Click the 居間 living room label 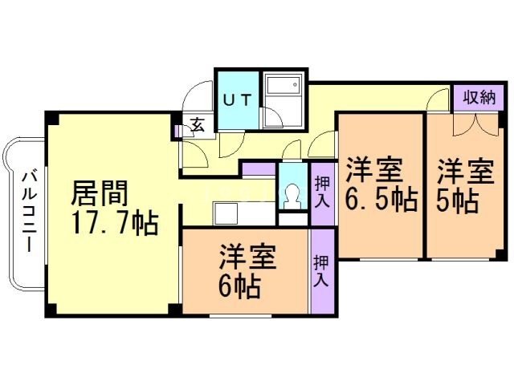(99, 193)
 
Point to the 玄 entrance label (195, 125)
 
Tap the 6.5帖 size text (381, 199)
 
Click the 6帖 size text (240, 286)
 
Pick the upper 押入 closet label (321, 192)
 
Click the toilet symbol (291, 196)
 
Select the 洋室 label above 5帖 (464, 171)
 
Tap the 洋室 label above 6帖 (249, 258)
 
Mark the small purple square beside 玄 (177, 128)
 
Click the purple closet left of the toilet (259, 168)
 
